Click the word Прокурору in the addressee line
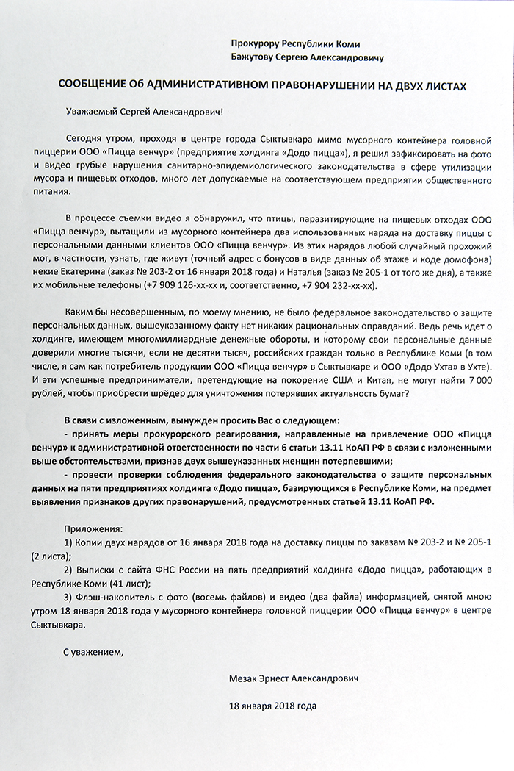point(254,43)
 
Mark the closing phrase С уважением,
point(90,650)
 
